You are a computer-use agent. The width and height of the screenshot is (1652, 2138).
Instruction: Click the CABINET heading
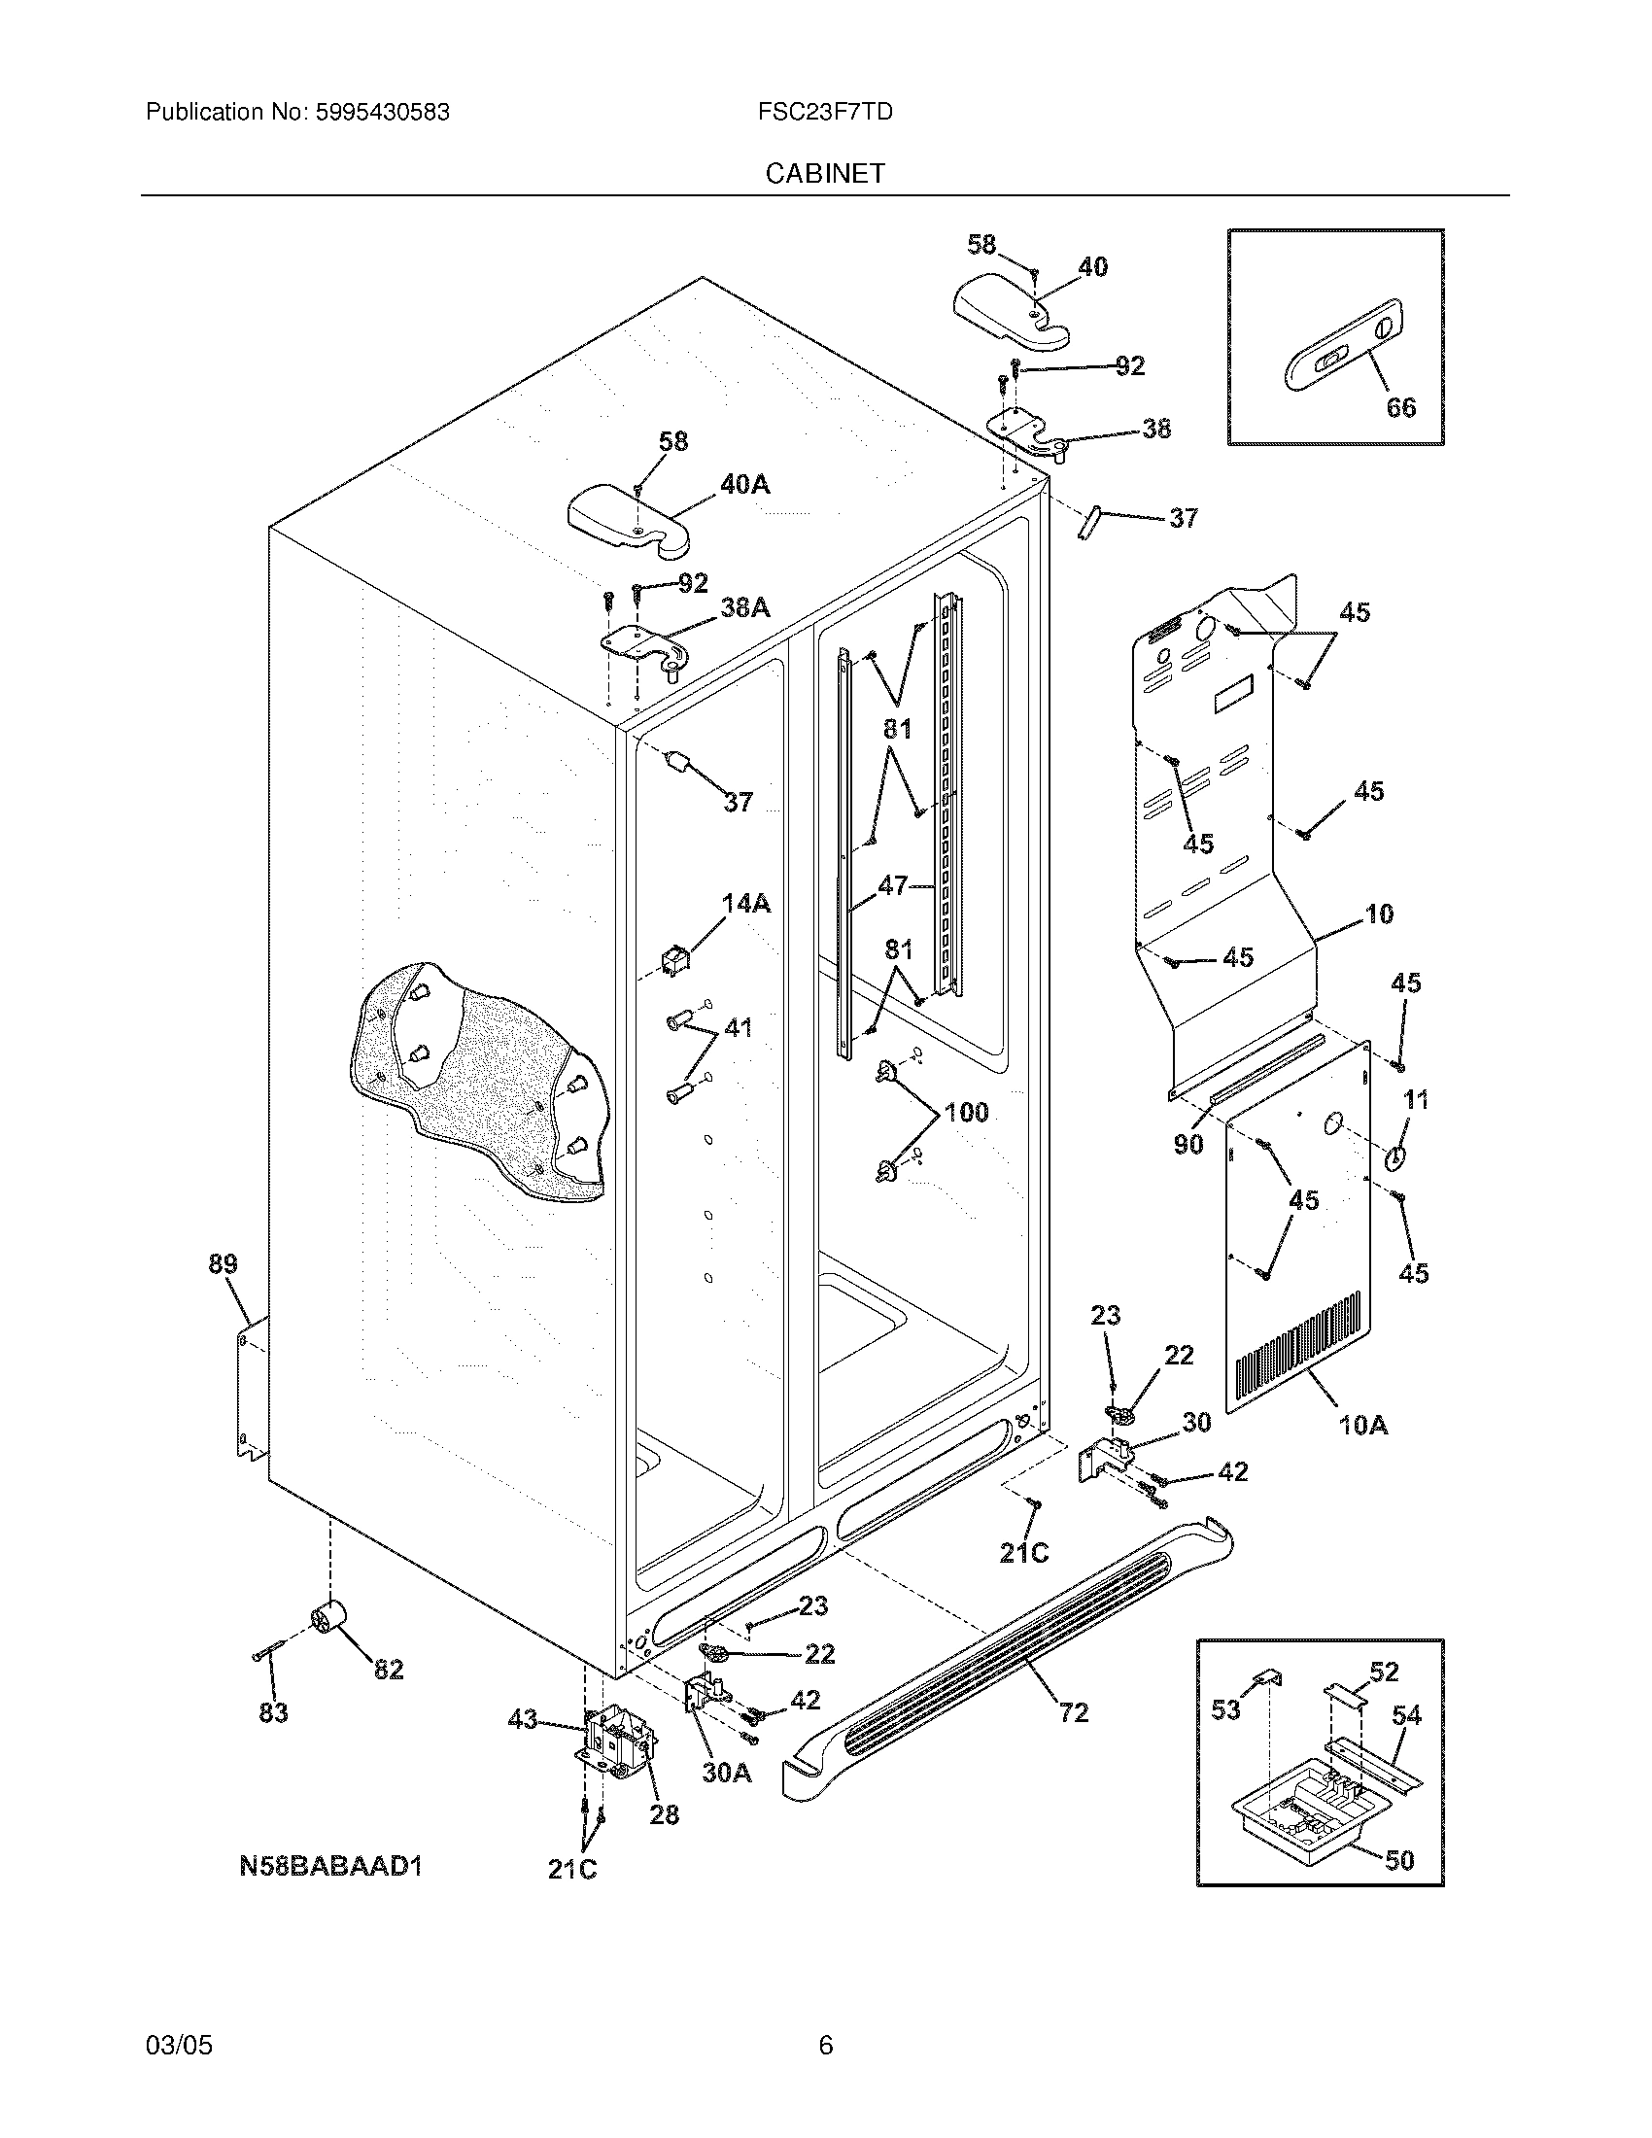825,173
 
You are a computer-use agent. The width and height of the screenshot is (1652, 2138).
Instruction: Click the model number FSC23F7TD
824,113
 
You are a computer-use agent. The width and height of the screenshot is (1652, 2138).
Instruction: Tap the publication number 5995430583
382,113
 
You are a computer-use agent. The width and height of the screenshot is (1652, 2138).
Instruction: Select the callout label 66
1400,407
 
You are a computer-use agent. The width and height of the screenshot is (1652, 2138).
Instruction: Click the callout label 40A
744,484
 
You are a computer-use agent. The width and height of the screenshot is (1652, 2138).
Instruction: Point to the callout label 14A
745,904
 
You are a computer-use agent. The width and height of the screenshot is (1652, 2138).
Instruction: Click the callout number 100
966,1113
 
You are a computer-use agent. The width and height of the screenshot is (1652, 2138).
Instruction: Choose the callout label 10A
1363,1427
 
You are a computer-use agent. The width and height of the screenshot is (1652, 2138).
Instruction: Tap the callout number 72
1074,1712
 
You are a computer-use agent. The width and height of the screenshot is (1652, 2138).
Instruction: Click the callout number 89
224,1263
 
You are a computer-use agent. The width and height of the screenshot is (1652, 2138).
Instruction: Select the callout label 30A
726,1773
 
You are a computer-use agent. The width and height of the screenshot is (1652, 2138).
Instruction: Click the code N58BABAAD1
330,1866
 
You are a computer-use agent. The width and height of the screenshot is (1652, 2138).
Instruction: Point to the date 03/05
179,2046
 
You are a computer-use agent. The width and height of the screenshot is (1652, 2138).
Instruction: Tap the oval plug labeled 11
1394,1158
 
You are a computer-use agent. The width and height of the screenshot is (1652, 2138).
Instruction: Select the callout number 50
1399,1860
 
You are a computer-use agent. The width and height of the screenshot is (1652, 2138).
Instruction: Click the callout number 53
1225,1709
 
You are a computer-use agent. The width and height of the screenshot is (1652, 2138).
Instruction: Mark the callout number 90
1188,1145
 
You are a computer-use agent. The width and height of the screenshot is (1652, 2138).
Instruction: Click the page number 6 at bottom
825,2046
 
